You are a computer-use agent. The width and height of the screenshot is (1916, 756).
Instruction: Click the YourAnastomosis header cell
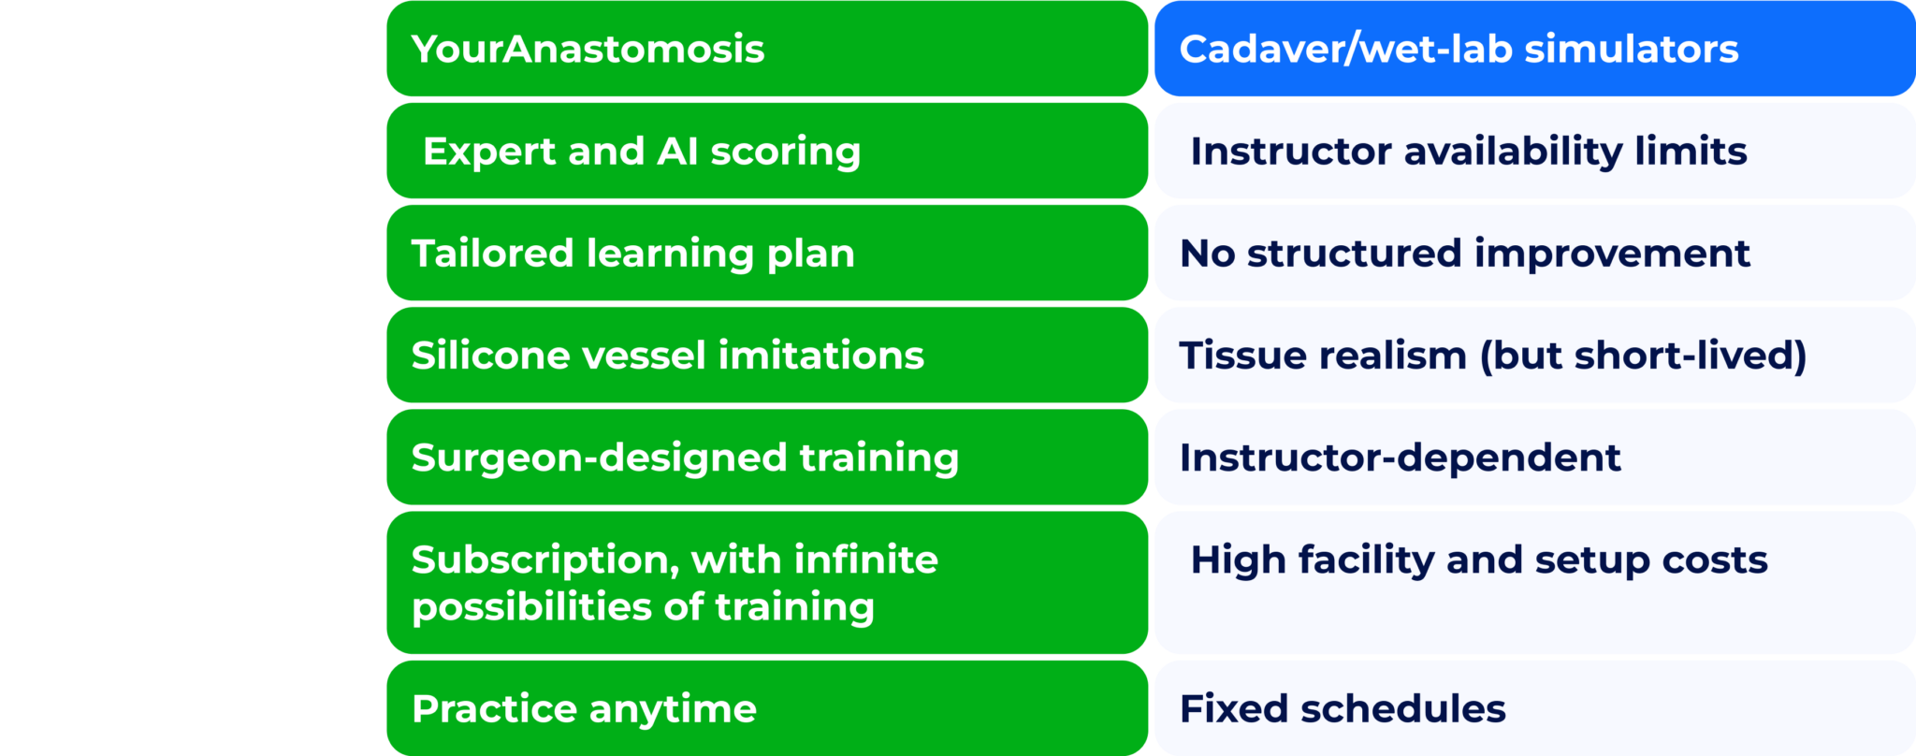[x=767, y=49]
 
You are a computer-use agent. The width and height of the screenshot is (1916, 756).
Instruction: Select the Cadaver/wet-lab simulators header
[x=1535, y=49]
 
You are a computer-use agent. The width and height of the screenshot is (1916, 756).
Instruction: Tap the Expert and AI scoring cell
[x=767, y=151]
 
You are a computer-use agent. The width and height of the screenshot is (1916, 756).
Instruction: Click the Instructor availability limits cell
[x=1535, y=151]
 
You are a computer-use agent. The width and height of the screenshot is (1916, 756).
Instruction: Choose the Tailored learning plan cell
[x=767, y=253]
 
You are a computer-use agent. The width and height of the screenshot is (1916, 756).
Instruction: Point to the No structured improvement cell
[x=1535, y=253]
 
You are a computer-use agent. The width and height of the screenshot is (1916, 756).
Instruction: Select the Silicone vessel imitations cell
[x=767, y=355]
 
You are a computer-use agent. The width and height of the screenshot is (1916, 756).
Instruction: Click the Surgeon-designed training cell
[x=767, y=457]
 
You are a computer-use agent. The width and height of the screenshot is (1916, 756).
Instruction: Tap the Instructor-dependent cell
[x=1535, y=457]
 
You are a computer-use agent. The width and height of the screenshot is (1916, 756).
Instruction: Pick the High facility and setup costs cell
[x=1535, y=582]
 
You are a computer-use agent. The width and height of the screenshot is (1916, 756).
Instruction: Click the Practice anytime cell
[x=767, y=708]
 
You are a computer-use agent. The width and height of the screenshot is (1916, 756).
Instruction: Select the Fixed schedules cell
[x=1535, y=708]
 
